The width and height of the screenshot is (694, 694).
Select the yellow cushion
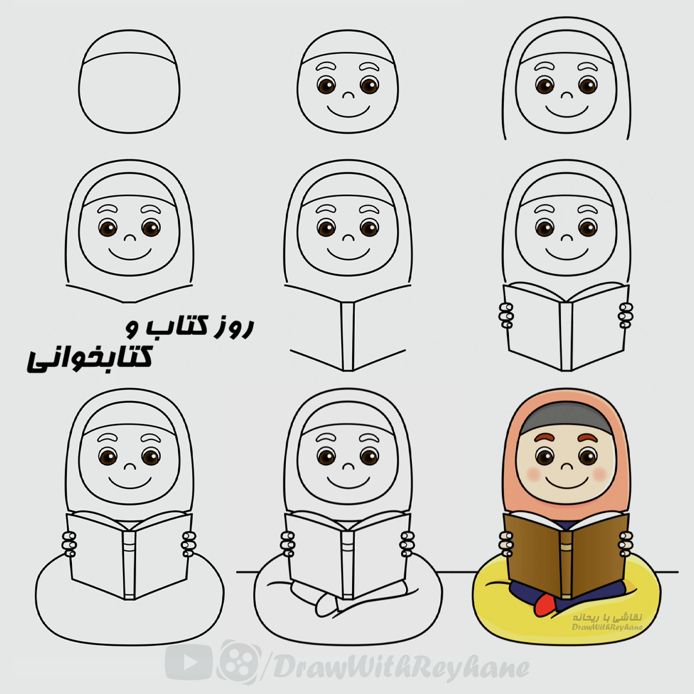(567, 602)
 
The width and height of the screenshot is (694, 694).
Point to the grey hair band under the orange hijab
(566, 419)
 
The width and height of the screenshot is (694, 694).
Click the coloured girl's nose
(566, 465)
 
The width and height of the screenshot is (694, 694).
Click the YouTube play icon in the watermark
(189, 661)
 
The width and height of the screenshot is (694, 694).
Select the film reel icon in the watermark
(240, 662)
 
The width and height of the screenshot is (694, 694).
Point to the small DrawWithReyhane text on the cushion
(607, 627)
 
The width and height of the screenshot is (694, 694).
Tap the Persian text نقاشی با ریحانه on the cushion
(607, 617)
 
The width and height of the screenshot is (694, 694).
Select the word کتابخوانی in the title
(90, 357)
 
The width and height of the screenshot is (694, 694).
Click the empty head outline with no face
(129, 82)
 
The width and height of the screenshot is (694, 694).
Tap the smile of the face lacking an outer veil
(348, 111)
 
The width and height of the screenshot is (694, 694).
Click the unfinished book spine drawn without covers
(348, 336)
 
